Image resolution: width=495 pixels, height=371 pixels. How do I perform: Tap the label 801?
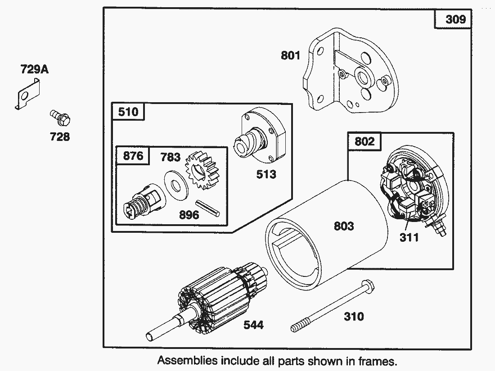(290, 55)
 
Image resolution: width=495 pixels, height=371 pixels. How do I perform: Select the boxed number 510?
(128, 111)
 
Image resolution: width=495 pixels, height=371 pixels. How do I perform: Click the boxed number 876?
(133, 155)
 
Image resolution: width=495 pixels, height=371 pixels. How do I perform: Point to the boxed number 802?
(364, 141)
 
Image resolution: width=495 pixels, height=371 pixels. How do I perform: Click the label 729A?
(35, 69)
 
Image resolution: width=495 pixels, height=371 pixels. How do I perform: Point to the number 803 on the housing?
(344, 226)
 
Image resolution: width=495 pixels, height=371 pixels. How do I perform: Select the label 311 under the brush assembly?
(409, 237)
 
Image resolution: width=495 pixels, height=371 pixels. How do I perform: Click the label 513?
(266, 174)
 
